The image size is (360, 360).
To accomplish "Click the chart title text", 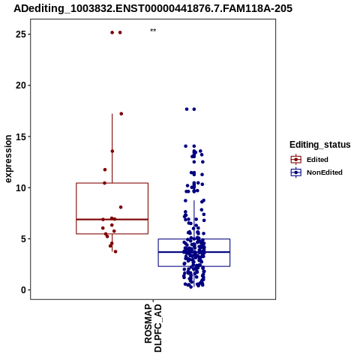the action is click(x=153, y=8).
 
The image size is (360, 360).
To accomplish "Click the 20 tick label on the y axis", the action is click(x=21, y=85).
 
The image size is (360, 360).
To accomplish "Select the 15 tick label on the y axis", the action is click(x=21, y=136).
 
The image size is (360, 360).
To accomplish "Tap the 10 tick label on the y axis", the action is click(x=21, y=187).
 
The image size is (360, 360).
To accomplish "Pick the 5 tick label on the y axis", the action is click(x=24, y=238).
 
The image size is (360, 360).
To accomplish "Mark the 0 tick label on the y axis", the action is click(x=24, y=290).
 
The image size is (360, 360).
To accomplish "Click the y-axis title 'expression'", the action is click(x=8, y=159).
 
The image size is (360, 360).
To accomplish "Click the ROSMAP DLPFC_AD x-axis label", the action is click(x=153, y=328).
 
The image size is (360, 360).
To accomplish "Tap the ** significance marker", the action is click(x=153, y=31).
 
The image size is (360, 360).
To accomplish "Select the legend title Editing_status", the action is click(x=320, y=145).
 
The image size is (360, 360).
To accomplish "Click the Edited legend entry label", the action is click(x=317, y=160).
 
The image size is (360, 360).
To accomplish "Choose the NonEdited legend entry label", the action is click(x=325, y=172).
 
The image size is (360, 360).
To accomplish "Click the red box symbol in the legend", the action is click(x=296, y=160).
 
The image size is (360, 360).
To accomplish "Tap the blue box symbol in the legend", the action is click(x=296, y=172).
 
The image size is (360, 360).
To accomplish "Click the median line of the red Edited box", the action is click(x=112, y=219).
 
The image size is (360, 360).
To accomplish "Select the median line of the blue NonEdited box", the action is click(x=194, y=252).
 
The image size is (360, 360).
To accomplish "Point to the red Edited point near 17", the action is click(x=121, y=114).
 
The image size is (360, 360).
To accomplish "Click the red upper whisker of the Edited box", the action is click(x=112, y=148).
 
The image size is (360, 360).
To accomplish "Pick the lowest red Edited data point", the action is click(x=115, y=251).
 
